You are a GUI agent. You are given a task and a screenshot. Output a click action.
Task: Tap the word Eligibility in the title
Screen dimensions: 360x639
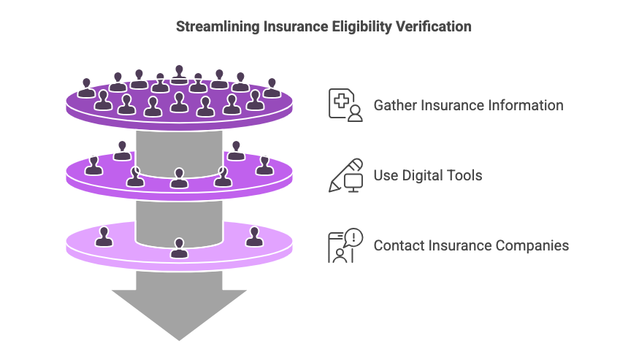[363, 26]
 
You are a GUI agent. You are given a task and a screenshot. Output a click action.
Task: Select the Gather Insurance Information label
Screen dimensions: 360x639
[468, 105]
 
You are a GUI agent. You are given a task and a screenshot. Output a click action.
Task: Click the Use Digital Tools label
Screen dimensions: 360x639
[428, 175]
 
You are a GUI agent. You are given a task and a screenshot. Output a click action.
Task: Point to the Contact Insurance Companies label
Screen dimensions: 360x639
[471, 245]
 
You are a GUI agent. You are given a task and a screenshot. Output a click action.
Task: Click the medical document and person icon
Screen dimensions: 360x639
[345, 105]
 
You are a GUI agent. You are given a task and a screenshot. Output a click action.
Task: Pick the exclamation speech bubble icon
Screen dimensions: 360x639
[345, 245]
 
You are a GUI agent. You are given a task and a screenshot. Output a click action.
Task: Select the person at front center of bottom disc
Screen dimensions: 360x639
[179, 248]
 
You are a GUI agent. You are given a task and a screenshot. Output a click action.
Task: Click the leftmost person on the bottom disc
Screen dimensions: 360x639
[104, 237]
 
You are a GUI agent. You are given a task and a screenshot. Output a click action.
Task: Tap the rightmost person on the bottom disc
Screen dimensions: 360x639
[254, 237]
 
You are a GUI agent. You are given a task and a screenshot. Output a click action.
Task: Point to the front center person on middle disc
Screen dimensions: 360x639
[179, 178]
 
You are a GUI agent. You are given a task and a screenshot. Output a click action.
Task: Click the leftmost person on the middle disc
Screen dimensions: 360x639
[93, 166]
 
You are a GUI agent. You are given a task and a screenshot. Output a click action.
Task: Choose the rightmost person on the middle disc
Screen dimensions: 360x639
[264, 166]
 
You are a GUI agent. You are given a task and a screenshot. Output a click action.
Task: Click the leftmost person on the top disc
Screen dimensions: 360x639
[86, 88]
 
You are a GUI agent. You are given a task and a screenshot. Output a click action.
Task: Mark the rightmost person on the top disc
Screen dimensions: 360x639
[272, 88]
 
